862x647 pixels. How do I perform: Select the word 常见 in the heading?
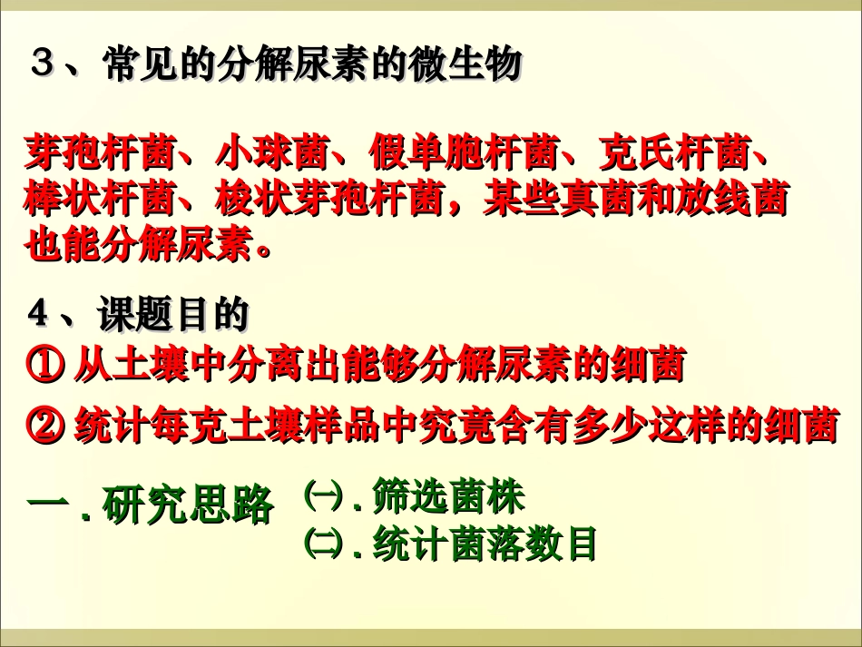[x=134, y=66]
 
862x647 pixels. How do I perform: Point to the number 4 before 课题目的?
[x=37, y=315]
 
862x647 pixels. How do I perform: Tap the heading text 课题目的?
[x=173, y=315]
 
